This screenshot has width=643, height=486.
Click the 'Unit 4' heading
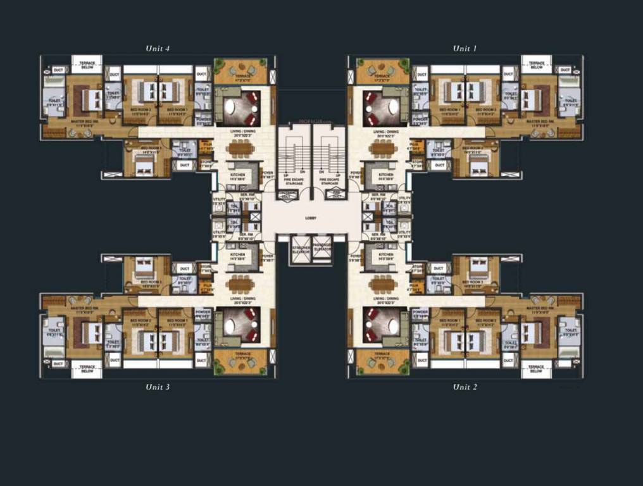(158, 48)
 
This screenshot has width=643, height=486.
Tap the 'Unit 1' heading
(465, 48)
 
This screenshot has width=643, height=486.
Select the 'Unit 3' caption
(158, 387)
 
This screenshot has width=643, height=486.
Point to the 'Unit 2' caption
(465, 387)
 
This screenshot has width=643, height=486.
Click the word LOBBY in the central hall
(311, 218)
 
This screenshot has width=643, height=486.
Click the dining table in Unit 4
(239, 148)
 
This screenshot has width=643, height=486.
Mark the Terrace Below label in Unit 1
(537, 65)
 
